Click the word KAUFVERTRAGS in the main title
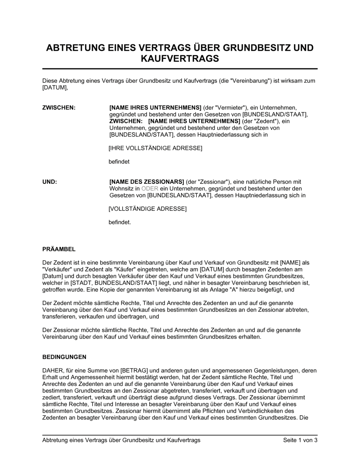point(180,59)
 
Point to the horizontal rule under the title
point(180,69)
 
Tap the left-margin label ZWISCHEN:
point(59,108)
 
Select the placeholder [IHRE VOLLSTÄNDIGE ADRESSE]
point(156,148)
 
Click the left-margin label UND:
point(50,182)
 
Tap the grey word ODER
point(150,189)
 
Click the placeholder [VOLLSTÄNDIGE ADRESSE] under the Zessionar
point(148,209)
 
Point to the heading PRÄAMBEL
point(59,249)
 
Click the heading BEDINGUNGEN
point(64,357)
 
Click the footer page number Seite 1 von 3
point(300,440)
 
